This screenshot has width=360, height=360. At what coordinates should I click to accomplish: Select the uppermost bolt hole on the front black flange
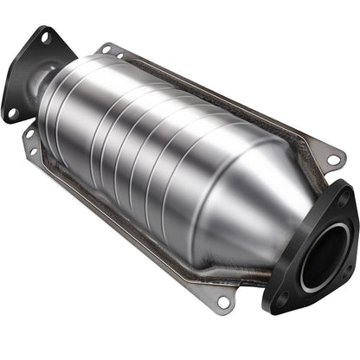(x=344, y=198)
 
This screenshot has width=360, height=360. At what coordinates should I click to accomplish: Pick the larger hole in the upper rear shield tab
(x=106, y=48)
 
